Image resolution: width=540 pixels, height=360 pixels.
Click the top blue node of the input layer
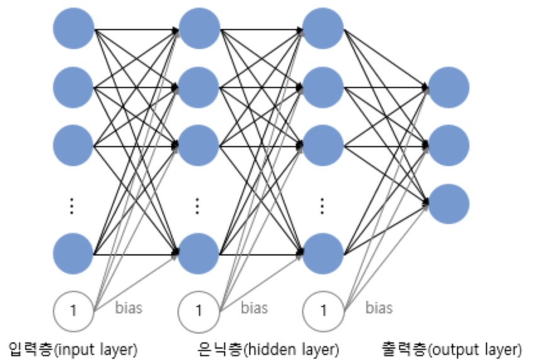coord(74,29)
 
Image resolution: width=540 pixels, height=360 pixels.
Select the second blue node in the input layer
coord(74,87)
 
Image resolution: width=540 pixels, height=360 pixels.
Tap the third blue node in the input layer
coord(74,145)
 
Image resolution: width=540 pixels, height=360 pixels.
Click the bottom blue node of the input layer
coord(74,254)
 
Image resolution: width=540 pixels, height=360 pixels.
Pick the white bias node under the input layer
coord(74,310)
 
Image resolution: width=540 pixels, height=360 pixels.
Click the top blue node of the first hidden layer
coord(199,29)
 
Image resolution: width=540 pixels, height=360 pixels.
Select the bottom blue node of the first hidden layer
coord(199,254)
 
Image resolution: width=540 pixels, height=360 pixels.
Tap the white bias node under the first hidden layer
coord(199,310)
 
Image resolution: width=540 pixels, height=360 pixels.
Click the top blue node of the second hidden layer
coord(323,29)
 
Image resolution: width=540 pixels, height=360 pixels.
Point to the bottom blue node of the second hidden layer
coord(323,254)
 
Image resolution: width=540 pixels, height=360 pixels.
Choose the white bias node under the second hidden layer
coord(323,310)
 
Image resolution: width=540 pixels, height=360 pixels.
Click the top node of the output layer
coord(449,87)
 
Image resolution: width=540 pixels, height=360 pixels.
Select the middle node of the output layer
coord(449,145)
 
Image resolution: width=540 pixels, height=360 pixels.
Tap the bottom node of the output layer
coord(449,204)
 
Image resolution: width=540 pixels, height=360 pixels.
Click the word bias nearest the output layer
coord(379,308)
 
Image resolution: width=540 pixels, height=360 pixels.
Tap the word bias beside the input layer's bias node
coord(129,308)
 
